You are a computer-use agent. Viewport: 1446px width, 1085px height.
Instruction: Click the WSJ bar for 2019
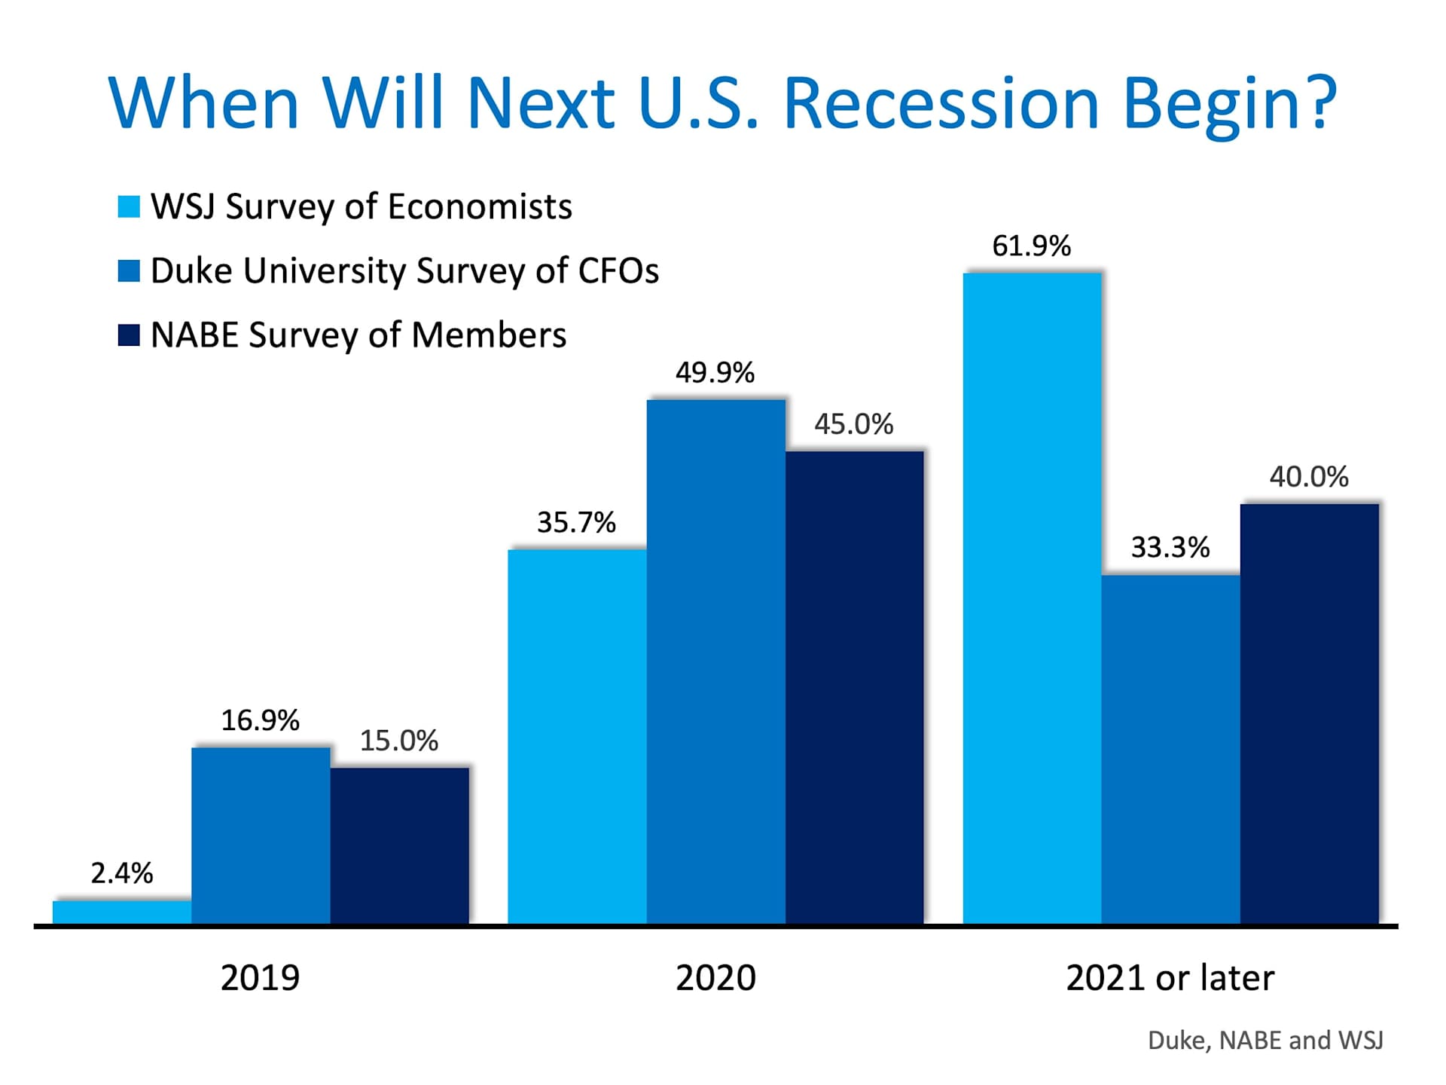pyautogui.click(x=122, y=912)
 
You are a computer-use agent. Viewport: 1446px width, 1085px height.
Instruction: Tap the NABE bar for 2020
pyautogui.click(x=854, y=687)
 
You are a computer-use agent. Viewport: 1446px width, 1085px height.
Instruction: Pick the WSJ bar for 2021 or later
pyautogui.click(x=1032, y=598)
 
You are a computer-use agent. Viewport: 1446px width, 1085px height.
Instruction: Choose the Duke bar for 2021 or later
pyautogui.click(x=1170, y=749)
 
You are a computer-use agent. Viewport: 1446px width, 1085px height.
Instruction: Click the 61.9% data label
pyautogui.click(x=1031, y=246)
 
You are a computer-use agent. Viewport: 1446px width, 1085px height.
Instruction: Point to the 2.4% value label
pyautogui.click(x=122, y=873)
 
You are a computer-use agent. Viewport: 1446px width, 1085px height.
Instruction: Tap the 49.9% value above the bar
pyautogui.click(x=715, y=373)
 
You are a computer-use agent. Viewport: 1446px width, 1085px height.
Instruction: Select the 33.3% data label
pyautogui.click(x=1170, y=548)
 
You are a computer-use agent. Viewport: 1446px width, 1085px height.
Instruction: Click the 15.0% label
pyautogui.click(x=398, y=741)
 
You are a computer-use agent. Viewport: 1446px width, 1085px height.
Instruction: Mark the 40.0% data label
pyautogui.click(x=1309, y=477)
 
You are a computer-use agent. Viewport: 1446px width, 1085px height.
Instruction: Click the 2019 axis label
pyautogui.click(x=260, y=978)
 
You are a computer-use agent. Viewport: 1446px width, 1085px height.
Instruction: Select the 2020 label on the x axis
pyautogui.click(x=715, y=978)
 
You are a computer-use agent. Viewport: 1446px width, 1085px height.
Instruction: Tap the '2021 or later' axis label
pyautogui.click(x=1170, y=978)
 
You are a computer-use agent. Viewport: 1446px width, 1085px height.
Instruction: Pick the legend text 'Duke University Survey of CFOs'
pyautogui.click(x=404, y=271)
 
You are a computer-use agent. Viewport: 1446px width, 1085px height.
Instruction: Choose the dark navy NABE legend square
pyautogui.click(x=129, y=335)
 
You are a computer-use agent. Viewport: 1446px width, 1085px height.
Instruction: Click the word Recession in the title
pyautogui.click(x=941, y=103)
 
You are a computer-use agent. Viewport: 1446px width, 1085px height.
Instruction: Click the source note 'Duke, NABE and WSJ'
pyautogui.click(x=1265, y=1041)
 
